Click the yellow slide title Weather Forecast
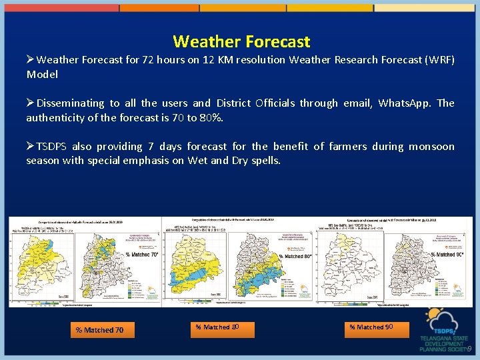241,41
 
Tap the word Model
42,74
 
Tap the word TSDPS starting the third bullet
52,147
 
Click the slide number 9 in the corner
469,349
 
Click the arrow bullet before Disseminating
30,103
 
